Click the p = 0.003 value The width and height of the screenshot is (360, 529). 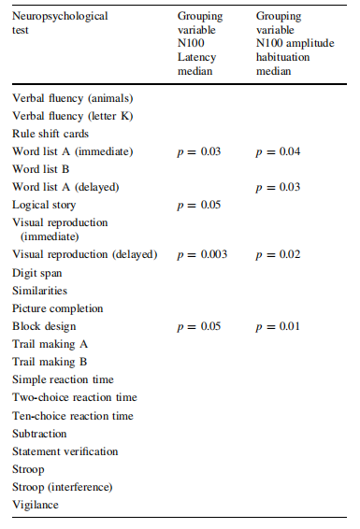[202, 255]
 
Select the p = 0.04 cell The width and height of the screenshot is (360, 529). [278, 151]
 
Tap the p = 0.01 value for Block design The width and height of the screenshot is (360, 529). [278, 326]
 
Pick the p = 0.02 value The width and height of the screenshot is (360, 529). [278, 255]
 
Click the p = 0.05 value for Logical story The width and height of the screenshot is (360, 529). [199, 205]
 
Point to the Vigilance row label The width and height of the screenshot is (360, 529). [36, 505]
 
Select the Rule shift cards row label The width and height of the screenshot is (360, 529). [50, 134]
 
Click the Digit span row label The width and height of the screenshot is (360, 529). [37, 273]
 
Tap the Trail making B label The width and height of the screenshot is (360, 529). [50, 362]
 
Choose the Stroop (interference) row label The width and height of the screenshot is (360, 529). [63, 487]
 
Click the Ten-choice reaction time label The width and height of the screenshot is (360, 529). [73, 416]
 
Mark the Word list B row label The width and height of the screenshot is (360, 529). [41, 169]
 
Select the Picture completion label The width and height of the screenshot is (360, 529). [58, 309]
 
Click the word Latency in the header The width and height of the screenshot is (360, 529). [197, 57]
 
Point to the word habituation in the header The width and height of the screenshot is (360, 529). [282, 57]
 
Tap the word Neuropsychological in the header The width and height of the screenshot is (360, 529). [60, 16]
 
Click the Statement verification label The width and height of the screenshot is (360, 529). [65, 451]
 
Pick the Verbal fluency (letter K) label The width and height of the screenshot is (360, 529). [73, 117]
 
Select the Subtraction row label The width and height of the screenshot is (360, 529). [39, 434]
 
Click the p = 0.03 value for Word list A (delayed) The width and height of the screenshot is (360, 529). [278, 188]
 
